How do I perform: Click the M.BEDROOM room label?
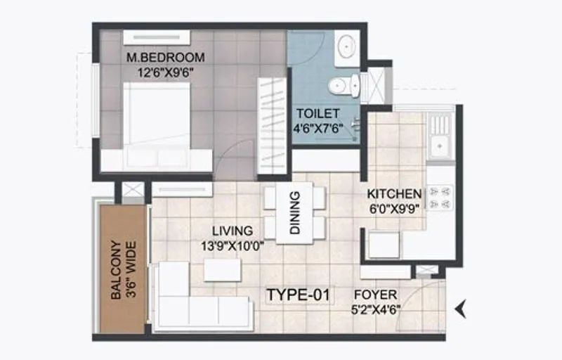pyautogui.click(x=165, y=57)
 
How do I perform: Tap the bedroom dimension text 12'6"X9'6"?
pyautogui.click(x=165, y=70)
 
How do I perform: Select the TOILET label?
pyautogui.click(x=318, y=113)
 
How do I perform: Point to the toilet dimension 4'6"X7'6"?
pyautogui.click(x=318, y=127)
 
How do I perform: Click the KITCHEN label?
pyautogui.click(x=394, y=193)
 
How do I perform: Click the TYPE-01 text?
pyautogui.click(x=298, y=295)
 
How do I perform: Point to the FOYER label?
pyautogui.click(x=375, y=295)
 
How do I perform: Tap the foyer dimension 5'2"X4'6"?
pyautogui.click(x=376, y=309)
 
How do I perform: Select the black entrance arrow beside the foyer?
pyautogui.click(x=461, y=307)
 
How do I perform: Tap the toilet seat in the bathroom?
pyautogui.click(x=341, y=85)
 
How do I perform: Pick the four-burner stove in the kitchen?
pyautogui.click(x=440, y=198)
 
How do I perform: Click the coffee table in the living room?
pyautogui.click(x=222, y=270)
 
